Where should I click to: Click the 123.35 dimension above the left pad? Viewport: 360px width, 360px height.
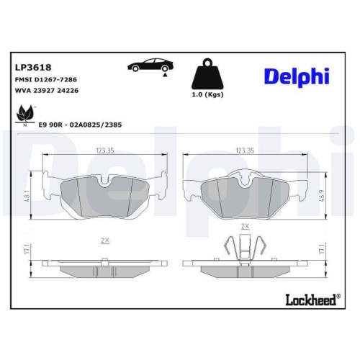coord(104,151)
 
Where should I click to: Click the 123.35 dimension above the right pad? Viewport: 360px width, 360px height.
coord(245,151)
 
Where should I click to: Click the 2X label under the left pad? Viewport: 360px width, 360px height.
coord(104,240)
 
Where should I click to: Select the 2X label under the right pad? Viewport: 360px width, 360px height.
coord(246,225)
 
